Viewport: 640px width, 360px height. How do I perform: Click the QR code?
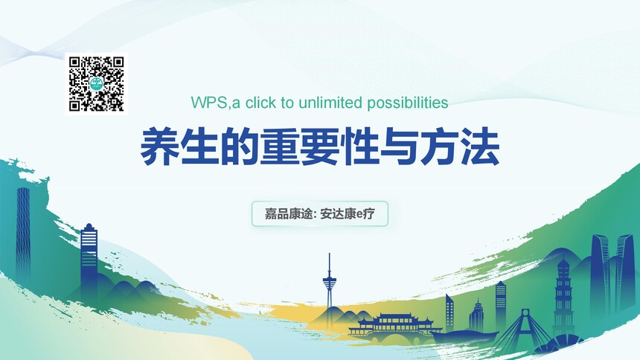coord(96,83)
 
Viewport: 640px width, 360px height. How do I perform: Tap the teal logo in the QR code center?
coord(96,83)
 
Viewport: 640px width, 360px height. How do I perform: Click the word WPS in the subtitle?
coord(209,103)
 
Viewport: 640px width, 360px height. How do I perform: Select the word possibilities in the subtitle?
coord(407,103)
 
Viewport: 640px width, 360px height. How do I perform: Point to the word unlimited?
coord(330,103)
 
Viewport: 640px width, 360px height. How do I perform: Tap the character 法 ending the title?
coord(480,146)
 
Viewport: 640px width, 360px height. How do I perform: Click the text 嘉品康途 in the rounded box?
coord(289,213)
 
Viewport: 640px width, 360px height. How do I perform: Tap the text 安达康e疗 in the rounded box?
coord(348,213)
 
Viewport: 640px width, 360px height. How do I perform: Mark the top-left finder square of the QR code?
coord(74,62)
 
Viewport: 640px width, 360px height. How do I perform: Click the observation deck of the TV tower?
coord(330,282)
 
